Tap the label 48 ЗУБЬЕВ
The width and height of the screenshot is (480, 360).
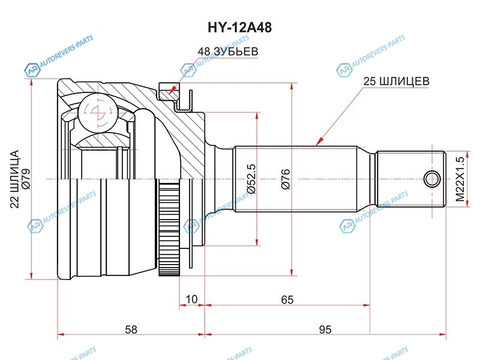(x=227, y=52)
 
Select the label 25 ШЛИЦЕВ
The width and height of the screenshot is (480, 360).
(x=395, y=80)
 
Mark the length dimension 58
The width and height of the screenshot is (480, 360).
(x=131, y=329)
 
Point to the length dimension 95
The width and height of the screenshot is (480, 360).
(x=325, y=329)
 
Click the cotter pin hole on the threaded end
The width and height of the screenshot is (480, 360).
(x=431, y=179)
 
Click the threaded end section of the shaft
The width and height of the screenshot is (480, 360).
(x=411, y=179)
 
